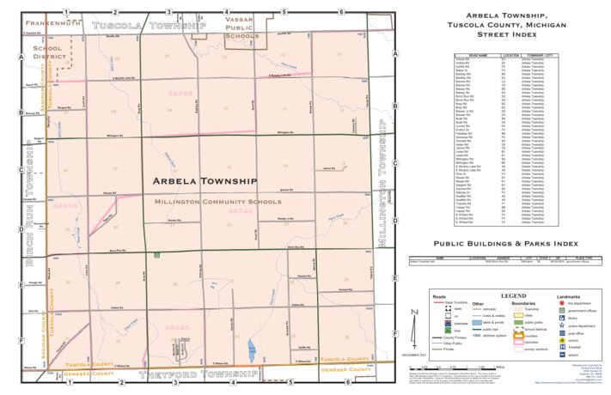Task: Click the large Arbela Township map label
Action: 205,181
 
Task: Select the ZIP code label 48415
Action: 64,206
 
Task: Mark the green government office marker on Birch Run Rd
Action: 156,255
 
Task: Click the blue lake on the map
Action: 250,349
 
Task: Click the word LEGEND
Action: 513,295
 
